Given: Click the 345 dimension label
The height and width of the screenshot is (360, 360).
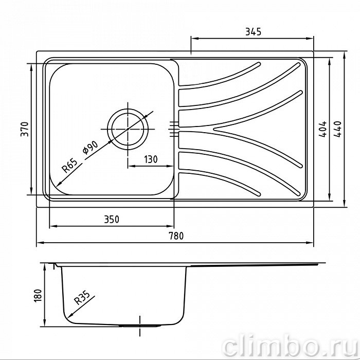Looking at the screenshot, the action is [253, 32].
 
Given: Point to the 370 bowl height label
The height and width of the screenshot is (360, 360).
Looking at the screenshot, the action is [25, 129].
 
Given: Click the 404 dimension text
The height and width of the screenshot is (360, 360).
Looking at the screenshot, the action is [322, 129].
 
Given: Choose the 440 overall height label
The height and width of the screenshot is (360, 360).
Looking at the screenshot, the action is [337, 129].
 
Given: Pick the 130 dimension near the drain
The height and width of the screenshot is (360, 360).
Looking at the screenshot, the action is [151, 159].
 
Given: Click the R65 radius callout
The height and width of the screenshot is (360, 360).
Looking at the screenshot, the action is [69, 166].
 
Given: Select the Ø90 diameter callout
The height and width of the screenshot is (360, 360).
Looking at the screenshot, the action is [90, 148].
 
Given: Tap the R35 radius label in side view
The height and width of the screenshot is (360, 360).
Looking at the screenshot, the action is [82, 298].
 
